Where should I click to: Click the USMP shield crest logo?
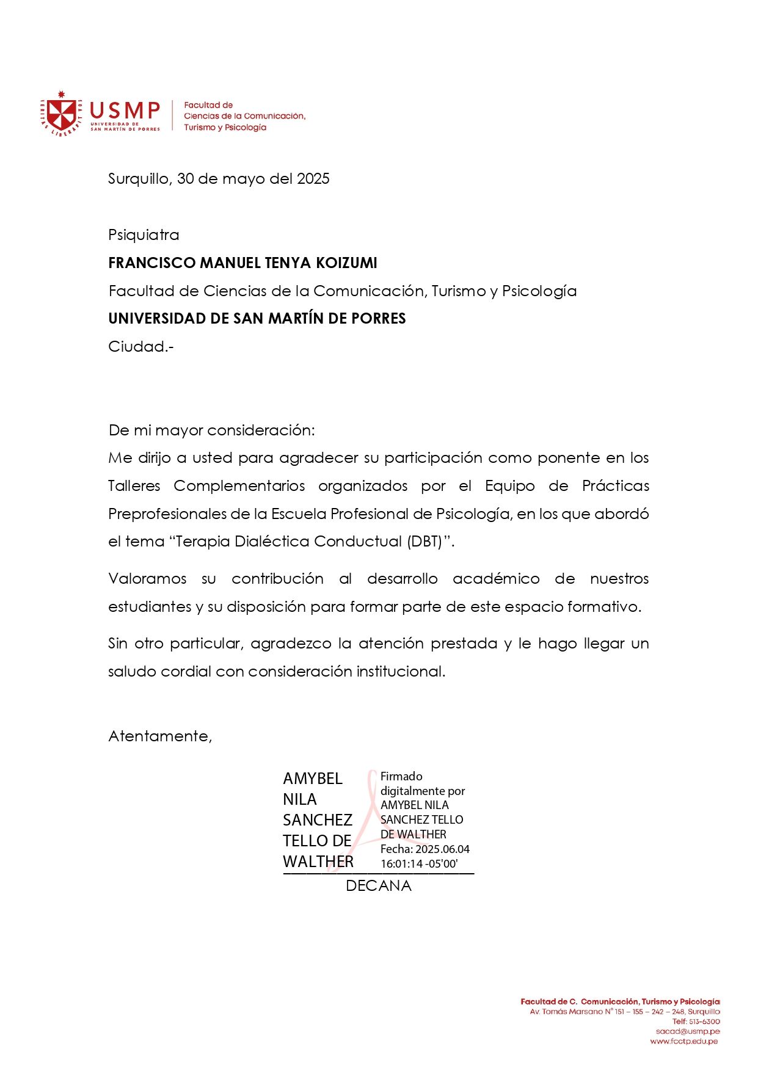[61, 114]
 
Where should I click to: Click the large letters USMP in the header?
[125, 111]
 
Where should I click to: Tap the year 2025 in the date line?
[313, 179]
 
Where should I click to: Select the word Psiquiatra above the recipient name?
[144, 235]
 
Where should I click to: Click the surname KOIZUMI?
[346, 263]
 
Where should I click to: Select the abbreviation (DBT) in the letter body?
[425, 542]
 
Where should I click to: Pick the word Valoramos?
[147, 579]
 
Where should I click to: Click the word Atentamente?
[159, 736]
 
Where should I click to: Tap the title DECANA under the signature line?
[379, 886]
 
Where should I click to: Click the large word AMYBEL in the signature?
[313, 779]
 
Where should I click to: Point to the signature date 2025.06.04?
[442, 849]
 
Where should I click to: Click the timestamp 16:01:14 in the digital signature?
[402, 864]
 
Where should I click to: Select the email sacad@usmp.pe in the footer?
[688, 1031]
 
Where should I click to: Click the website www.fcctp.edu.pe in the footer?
[684, 1042]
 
